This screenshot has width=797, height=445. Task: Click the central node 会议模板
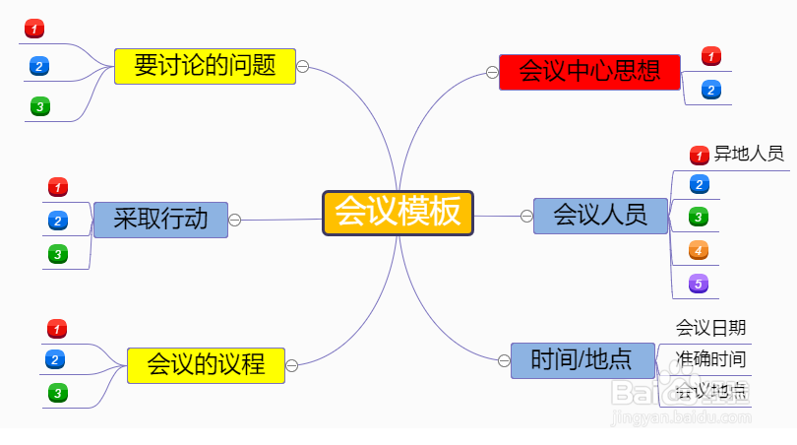pyautogui.click(x=398, y=213)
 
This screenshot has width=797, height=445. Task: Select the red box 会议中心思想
pyautogui.click(x=589, y=71)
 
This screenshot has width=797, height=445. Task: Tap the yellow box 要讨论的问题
pyautogui.click(x=205, y=66)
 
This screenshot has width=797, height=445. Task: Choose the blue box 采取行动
pyautogui.click(x=160, y=219)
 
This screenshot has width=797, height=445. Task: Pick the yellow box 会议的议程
pyautogui.click(x=206, y=364)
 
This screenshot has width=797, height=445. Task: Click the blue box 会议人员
pyautogui.click(x=599, y=215)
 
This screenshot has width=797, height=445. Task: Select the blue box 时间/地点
pyautogui.click(x=582, y=359)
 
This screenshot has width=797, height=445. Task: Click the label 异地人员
pyautogui.click(x=749, y=154)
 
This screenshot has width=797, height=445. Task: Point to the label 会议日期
pyautogui.click(x=710, y=328)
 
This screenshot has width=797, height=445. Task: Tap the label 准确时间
pyautogui.click(x=710, y=359)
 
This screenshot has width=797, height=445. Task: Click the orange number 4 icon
pyautogui.click(x=699, y=250)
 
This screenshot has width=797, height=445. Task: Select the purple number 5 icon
pyautogui.click(x=699, y=284)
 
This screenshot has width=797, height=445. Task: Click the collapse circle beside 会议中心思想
pyautogui.click(x=491, y=71)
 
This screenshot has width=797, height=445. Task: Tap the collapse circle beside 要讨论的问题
pyautogui.click(x=303, y=66)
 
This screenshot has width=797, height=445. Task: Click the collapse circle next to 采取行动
pyautogui.click(x=235, y=220)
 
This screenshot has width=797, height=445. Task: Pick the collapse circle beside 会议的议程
pyautogui.click(x=291, y=365)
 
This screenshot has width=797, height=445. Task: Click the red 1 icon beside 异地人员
pyautogui.click(x=700, y=155)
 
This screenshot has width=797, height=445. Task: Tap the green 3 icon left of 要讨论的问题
pyautogui.click(x=39, y=105)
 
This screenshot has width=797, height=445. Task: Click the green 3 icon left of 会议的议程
pyautogui.click(x=57, y=393)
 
